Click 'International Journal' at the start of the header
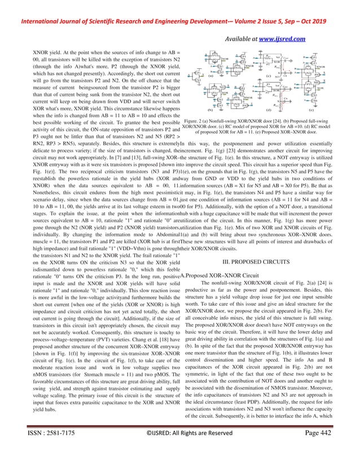[x=40, y=8]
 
